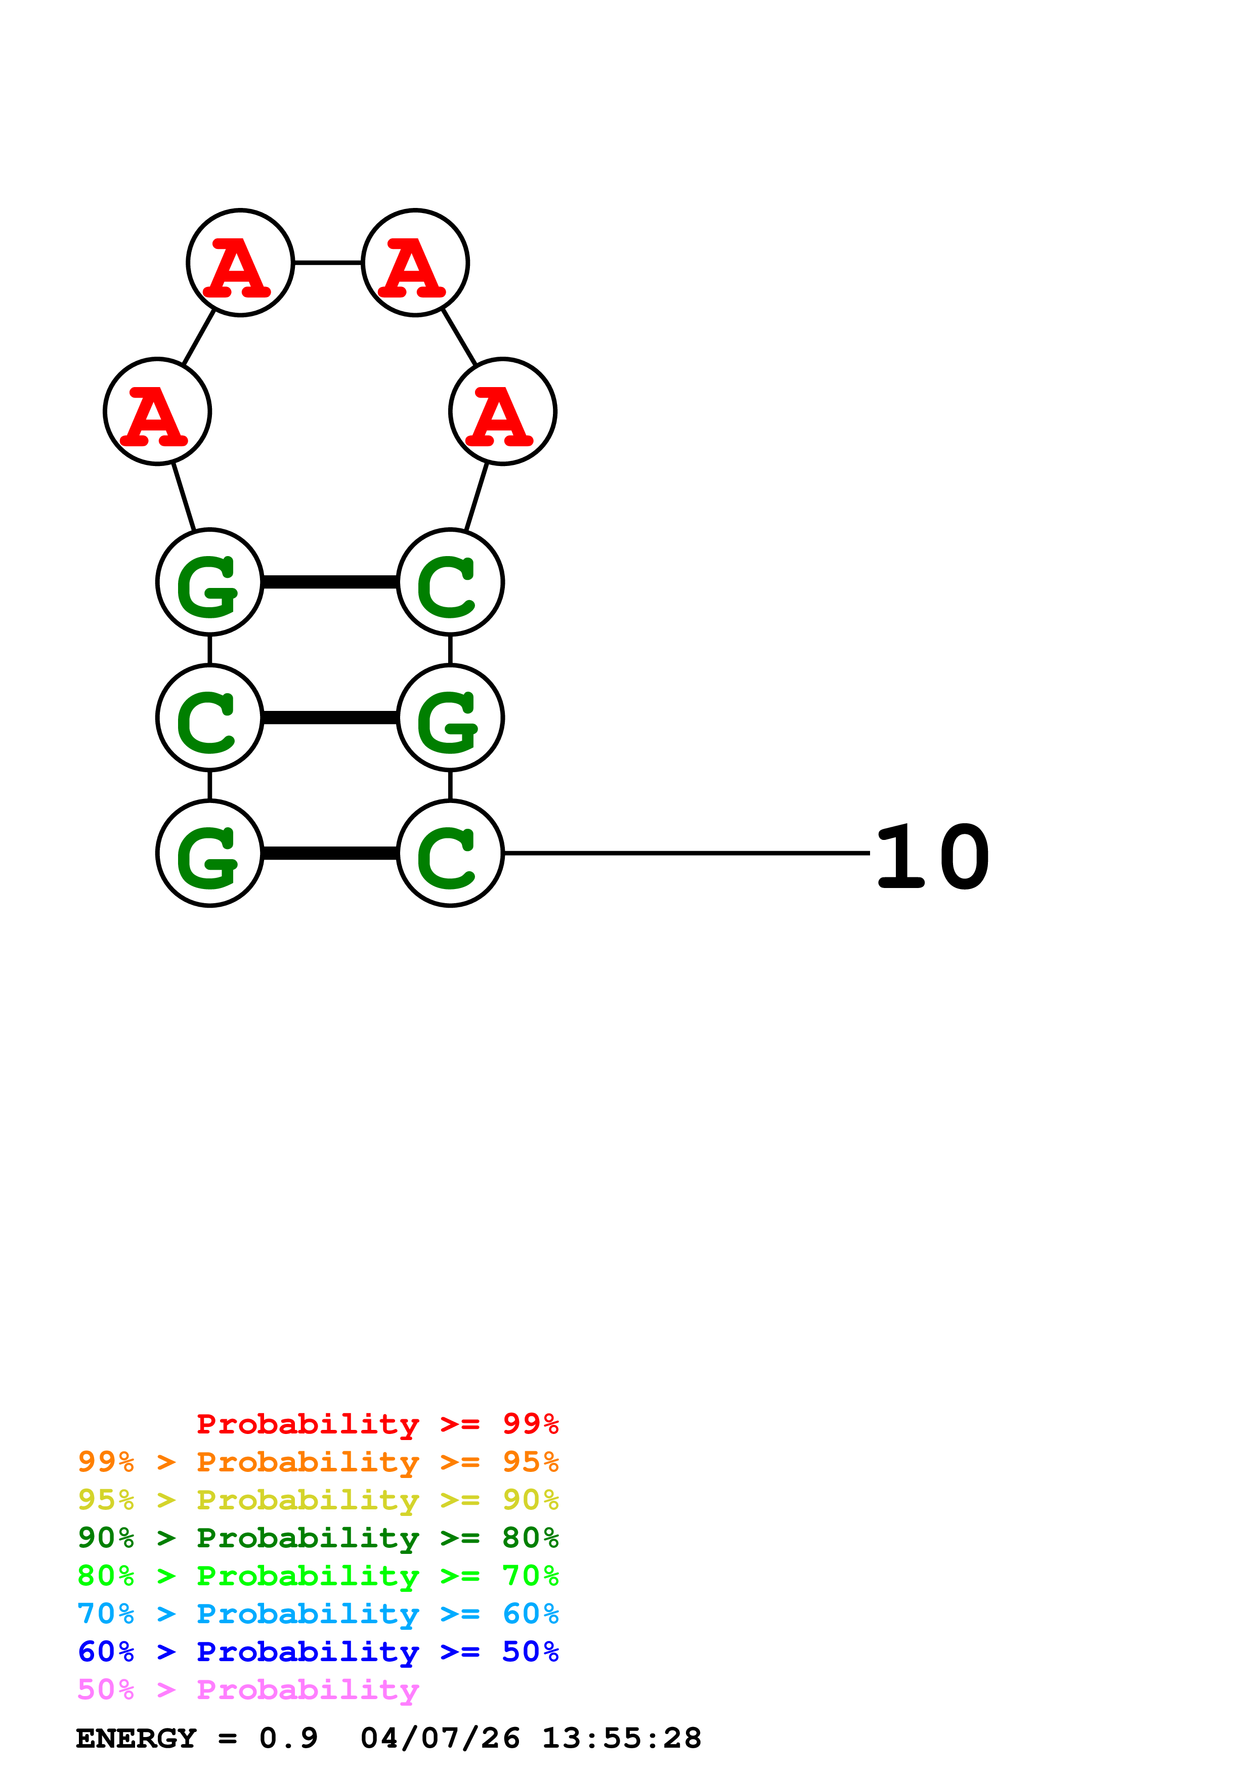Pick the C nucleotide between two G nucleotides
pos(209,717)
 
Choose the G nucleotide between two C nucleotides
pos(450,717)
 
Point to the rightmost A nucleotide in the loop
pos(502,411)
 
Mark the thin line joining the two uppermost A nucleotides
pos(328,263)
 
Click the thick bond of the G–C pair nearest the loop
pos(330,582)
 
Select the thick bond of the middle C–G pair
pos(330,718)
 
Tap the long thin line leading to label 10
pos(686,853)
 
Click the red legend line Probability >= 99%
pos(377,1424)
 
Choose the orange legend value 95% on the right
pos(530,1462)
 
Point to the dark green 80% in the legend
pos(530,1538)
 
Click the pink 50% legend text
pos(106,1689)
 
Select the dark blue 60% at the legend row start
pos(106,1652)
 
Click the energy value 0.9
pos(288,1738)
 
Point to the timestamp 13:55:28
pos(621,1738)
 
